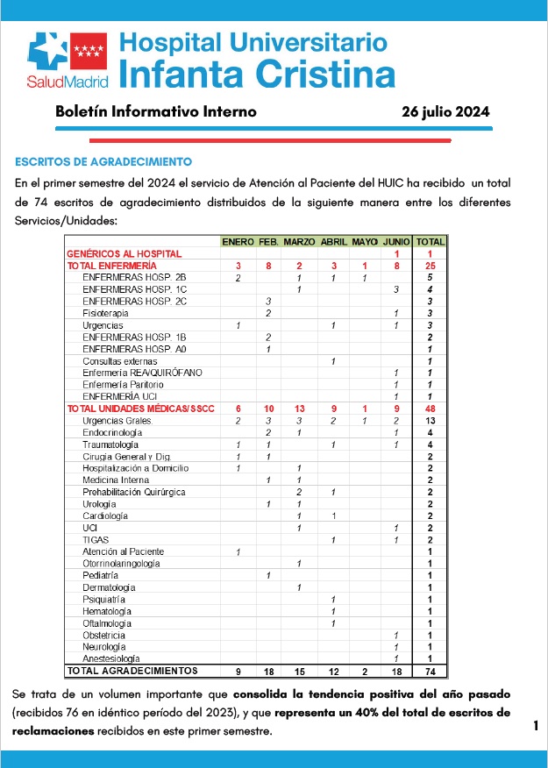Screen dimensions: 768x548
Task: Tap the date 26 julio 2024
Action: (x=445, y=112)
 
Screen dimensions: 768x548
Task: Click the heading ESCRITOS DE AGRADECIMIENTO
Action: (x=103, y=162)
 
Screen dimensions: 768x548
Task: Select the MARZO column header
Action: (x=299, y=241)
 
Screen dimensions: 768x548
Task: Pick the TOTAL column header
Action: (x=430, y=241)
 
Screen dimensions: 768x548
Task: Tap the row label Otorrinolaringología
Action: (x=121, y=564)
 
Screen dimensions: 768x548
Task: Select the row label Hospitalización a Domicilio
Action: (x=135, y=468)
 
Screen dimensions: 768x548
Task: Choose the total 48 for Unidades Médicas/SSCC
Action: (x=430, y=409)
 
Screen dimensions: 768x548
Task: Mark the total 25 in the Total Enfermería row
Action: (x=430, y=265)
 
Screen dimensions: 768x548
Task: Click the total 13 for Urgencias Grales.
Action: (x=430, y=421)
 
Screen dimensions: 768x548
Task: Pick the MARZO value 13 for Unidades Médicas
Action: (x=299, y=409)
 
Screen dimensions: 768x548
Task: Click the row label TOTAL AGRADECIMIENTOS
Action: (x=132, y=671)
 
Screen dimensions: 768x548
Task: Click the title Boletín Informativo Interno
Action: (x=155, y=112)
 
